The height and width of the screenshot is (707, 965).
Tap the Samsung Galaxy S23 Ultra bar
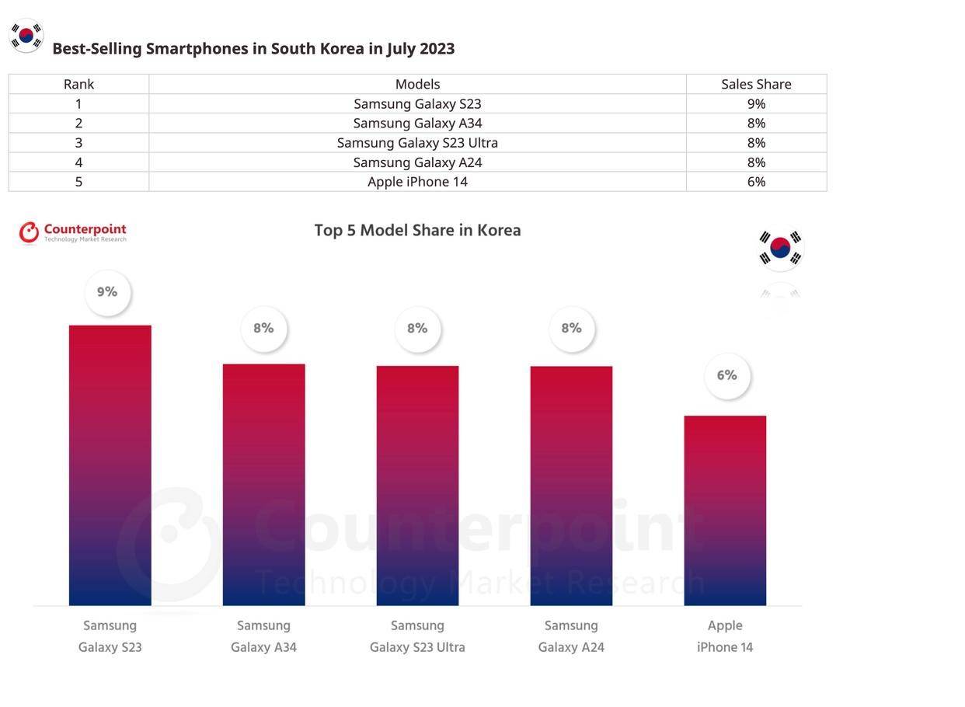click(417, 485)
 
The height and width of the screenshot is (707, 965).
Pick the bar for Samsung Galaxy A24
click(571, 486)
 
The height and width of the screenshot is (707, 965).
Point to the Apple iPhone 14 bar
click(725, 510)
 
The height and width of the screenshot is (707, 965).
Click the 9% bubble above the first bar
click(107, 293)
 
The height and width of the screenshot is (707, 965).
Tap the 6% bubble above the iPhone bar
click(727, 376)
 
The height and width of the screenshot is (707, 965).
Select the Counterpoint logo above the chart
click(73, 232)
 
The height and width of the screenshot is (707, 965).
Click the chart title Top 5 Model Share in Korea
click(417, 231)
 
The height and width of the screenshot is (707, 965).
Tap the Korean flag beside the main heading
click(26, 36)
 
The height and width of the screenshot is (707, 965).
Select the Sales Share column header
click(756, 84)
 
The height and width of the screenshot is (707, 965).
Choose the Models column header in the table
click(417, 84)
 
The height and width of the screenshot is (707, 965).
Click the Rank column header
click(78, 84)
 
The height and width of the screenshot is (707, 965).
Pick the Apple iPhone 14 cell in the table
click(417, 182)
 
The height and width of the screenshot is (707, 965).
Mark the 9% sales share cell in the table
click(756, 103)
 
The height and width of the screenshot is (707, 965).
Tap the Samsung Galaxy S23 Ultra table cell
click(417, 143)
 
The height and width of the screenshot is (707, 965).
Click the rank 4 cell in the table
click(78, 162)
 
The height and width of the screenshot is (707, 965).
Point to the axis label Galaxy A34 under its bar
click(263, 647)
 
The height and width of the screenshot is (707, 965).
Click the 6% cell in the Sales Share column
click(756, 182)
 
